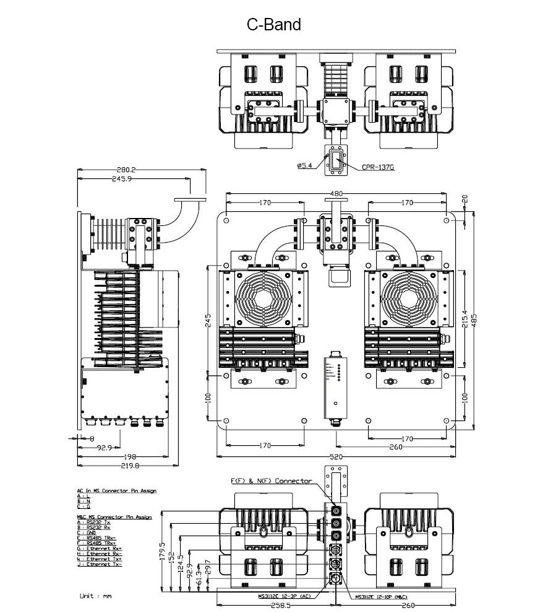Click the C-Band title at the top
click(x=273, y=25)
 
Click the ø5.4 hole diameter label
click(x=305, y=165)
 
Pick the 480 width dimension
click(x=336, y=193)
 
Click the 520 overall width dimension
click(x=336, y=456)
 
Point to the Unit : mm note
click(x=96, y=596)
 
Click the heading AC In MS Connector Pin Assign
click(x=116, y=490)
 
